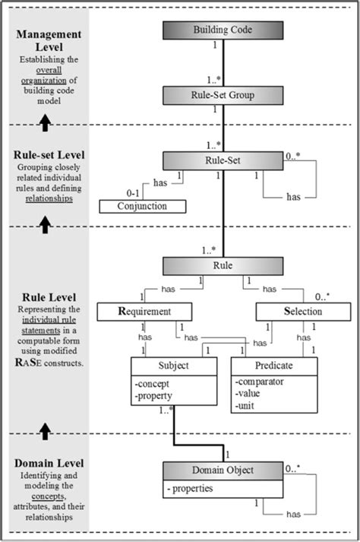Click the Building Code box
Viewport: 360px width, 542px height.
[x=223, y=30]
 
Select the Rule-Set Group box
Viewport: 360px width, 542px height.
[x=223, y=95]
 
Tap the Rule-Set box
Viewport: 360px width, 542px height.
[x=223, y=160]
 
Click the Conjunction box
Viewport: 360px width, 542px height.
[x=143, y=206]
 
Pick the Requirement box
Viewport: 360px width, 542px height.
[x=144, y=311]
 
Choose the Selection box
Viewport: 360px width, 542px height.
[x=299, y=311]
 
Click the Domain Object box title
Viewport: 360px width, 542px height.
[x=223, y=470]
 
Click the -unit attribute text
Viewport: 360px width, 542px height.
[x=247, y=407]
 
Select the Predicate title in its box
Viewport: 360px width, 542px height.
[x=273, y=365]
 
